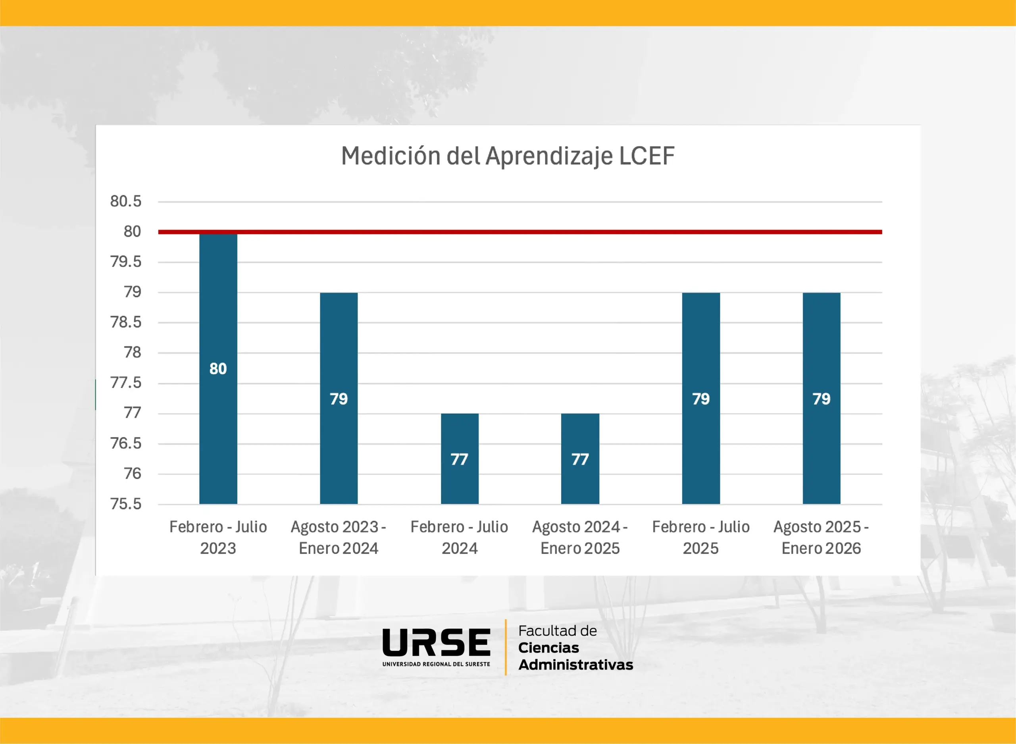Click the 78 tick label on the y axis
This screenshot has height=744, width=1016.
click(x=132, y=353)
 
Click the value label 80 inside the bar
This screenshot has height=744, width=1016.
click(x=218, y=369)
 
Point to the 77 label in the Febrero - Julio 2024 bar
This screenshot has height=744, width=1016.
click(x=459, y=459)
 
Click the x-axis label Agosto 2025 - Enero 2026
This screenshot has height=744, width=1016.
click(x=821, y=537)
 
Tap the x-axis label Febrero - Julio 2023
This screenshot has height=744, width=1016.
click(x=218, y=537)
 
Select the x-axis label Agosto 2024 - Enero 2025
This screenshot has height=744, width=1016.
click(x=580, y=537)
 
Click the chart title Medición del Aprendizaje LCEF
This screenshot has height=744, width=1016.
click(x=508, y=156)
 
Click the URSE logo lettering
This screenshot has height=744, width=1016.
click(x=436, y=642)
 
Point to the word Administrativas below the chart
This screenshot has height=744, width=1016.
click(x=575, y=665)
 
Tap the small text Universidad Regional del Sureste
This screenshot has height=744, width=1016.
click(x=436, y=664)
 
